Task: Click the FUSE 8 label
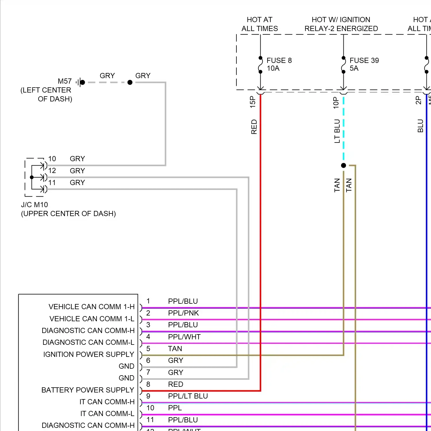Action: click(x=279, y=60)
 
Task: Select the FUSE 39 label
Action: click(x=364, y=60)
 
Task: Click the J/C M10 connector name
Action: click(x=34, y=205)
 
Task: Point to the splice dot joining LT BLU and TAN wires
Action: click(x=343, y=166)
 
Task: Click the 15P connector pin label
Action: click(x=253, y=102)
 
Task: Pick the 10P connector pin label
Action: click(x=336, y=103)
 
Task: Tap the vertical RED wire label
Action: click(x=254, y=127)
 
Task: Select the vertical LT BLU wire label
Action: click(x=337, y=131)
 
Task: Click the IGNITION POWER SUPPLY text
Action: click(x=88, y=354)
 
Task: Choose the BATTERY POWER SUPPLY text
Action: click(x=88, y=390)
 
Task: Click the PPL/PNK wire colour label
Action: click(x=183, y=313)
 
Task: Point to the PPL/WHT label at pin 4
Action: click(x=184, y=337)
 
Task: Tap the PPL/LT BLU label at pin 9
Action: click(x=188, y=396)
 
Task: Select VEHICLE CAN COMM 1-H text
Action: click(x=91, y=307)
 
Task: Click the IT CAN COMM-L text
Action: click(x=107, y=413)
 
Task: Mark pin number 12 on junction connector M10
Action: click(x=52, y=170)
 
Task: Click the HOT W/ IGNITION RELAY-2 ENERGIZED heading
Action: click(x=341, y=24)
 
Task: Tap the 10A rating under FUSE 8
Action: click(x=273, y=68)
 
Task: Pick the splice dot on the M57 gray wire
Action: click(x=130, y=82)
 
